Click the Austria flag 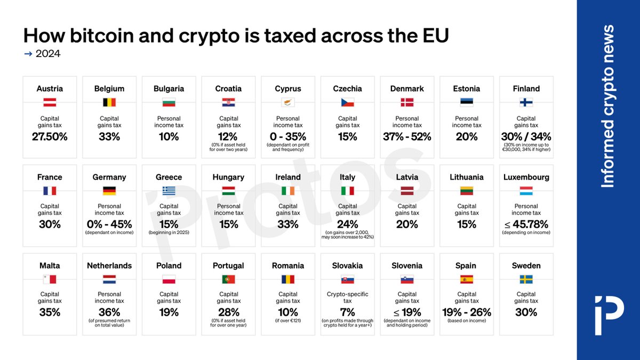click(50, 102)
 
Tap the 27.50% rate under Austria click(50, 137)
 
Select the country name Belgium click(109, 89)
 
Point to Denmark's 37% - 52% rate click(407, 137)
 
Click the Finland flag click(526, 102)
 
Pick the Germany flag click(109, 191)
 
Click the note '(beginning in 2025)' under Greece click(169, 233)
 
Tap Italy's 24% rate click(348, 225)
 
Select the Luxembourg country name click(526, 177)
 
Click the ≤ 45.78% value click(526, 225)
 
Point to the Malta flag click(50, 279)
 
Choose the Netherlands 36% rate click(109, 313)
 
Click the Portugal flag click(228, 279)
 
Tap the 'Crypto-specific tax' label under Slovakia click(348, 298)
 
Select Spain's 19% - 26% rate click(467, 313)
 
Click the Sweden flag click(526, 279)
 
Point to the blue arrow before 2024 click(28, 54)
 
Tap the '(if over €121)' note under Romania click(288, 321)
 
